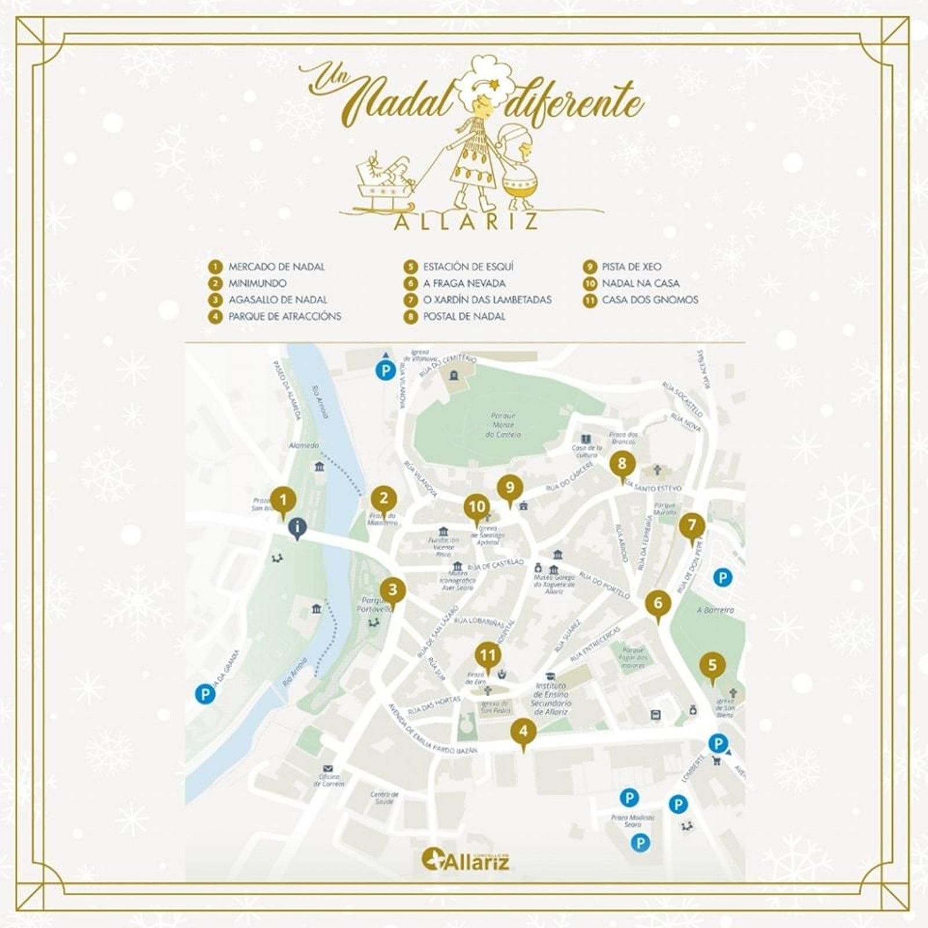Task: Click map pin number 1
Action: tap(283, 500)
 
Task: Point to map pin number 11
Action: tap(488, 657)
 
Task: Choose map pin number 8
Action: tap(622, 464)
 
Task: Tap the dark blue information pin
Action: tap(298, 528)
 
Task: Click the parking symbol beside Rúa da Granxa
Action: tap(205, 694)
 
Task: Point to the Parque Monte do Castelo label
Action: tap(502, 425)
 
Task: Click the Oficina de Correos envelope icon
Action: tap(329, 768)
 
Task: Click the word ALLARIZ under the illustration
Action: tap(466, 222)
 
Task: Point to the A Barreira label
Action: tap(715, 610)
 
